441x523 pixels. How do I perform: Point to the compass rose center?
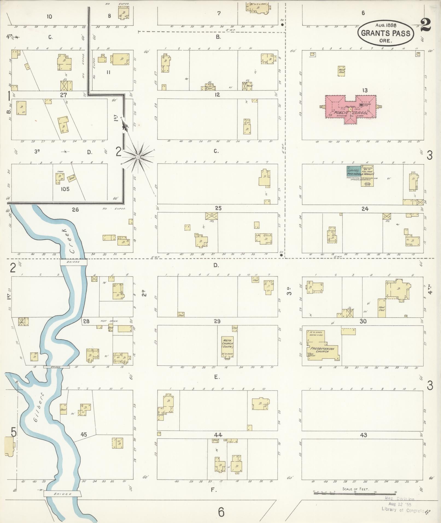[138, 157]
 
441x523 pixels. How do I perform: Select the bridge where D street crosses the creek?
[74, 262]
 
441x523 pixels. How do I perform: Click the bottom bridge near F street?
[62, 494]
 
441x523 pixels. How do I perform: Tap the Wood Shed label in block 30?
[382, 309]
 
